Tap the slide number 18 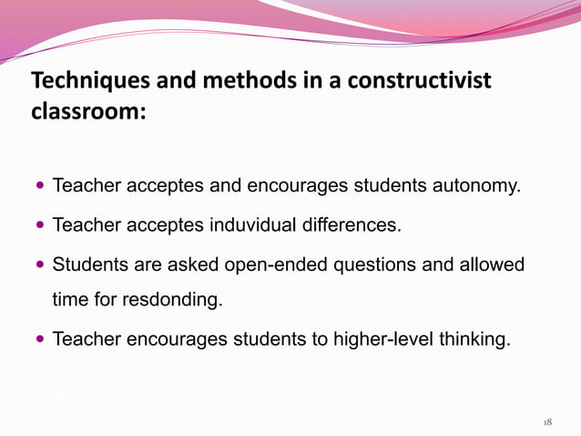[547, 422]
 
